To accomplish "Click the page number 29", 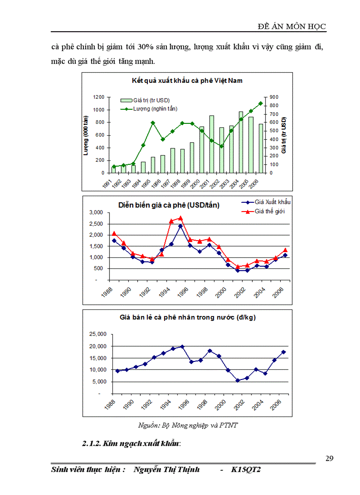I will [x=329, y=458].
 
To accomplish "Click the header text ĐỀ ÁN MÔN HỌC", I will [x=292, y=26].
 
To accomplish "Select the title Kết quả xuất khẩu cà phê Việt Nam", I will [x=187, y=81].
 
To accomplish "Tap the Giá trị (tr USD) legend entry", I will [x=148, y=100].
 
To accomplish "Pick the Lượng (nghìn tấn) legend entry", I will [x=152, y=108].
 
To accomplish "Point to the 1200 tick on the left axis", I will [x=98, y=97].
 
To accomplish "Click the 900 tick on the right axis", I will [x=274, y=97].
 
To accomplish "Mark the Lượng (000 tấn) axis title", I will [x=86, y=134].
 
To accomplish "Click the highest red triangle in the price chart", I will [x=180, y=218].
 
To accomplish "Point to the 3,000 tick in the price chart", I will [x=96, y=212].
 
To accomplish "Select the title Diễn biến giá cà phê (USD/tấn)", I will [x=169, y=205].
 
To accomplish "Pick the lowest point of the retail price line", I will [x=237, y=380].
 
